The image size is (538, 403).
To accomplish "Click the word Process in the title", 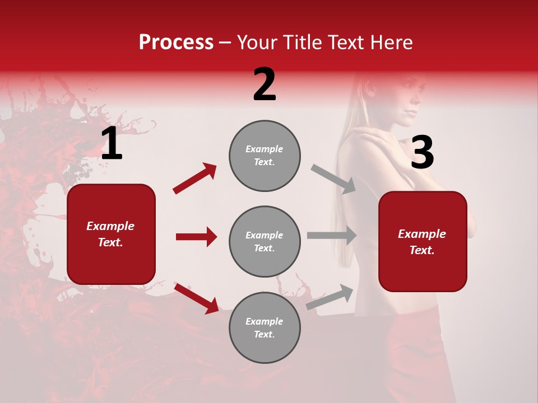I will coord(176,43).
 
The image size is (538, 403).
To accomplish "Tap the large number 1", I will coord(112,144).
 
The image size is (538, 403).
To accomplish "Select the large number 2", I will coord(265,85).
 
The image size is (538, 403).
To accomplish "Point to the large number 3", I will coord(422,152).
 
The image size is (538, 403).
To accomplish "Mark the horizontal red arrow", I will coord(196,237).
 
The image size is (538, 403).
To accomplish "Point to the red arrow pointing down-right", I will coord(196,298).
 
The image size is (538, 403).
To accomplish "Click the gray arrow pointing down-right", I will coord(333,179).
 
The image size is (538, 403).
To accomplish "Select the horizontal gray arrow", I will coord(332,235).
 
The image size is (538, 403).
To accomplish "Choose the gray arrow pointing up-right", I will coord(330,297).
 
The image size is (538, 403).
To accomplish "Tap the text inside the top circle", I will coord(265,156).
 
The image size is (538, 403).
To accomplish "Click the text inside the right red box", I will coord(422,242).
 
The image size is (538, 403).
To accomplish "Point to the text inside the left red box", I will coord(110,234).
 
